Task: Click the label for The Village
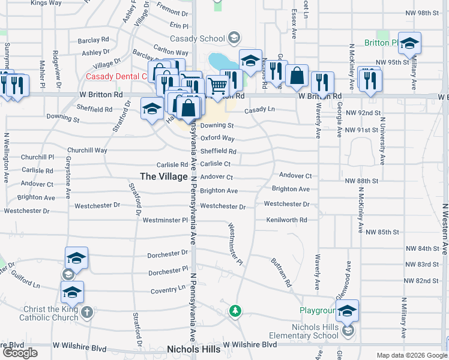(x=164, y=176)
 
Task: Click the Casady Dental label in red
(x=116, y=76)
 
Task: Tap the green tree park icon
(x=235, y=311)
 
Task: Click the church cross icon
(x=87, y=312)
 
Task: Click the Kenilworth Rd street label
(x=286, y=220)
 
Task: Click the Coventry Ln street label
(x=168, y=289)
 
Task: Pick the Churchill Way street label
(x=87, y=151)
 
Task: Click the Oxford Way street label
(x=217, y=138)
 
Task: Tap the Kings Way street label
(x=46, y=3)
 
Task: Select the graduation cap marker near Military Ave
(x=409, y=43)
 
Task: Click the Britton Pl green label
(x=381, y=43)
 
